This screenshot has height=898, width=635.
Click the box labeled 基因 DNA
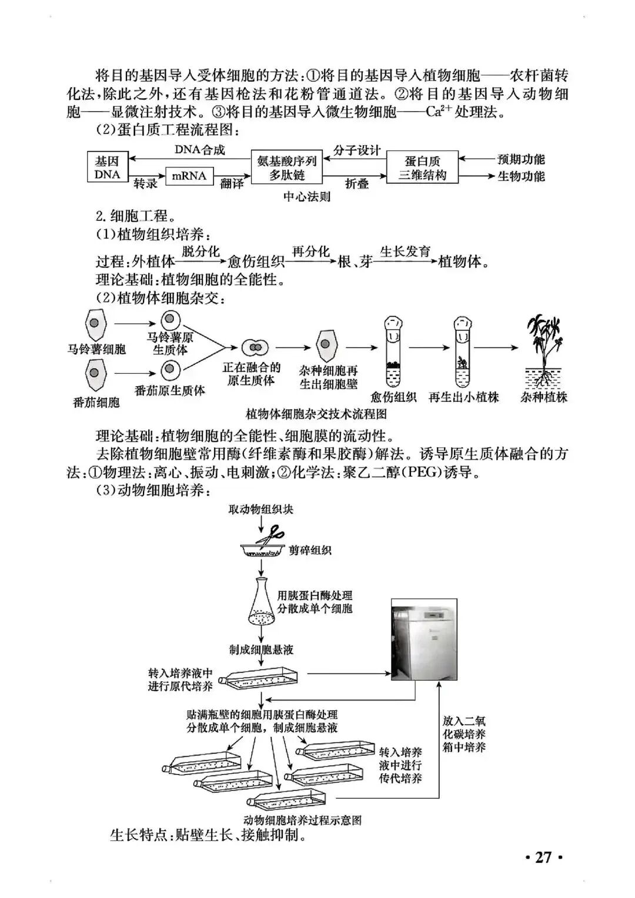[x=107, y=167]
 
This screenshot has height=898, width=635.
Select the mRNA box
[x=189, y=176]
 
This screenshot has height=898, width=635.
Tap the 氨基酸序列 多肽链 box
[x=287, y=167]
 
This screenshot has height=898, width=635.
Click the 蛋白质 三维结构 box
[x=422, y=167]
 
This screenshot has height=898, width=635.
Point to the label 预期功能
[x=521, y=159]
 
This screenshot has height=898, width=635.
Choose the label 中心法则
[x=306, y=196]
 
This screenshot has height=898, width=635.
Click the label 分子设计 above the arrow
[x=357, y=150]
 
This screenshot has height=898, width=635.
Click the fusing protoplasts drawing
[x=254, y=347]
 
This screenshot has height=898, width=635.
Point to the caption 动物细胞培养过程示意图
[x=302, y=820]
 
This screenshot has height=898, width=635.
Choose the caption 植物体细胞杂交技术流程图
[x=316, y=414]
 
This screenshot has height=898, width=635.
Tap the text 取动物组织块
[x=260, y=509]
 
